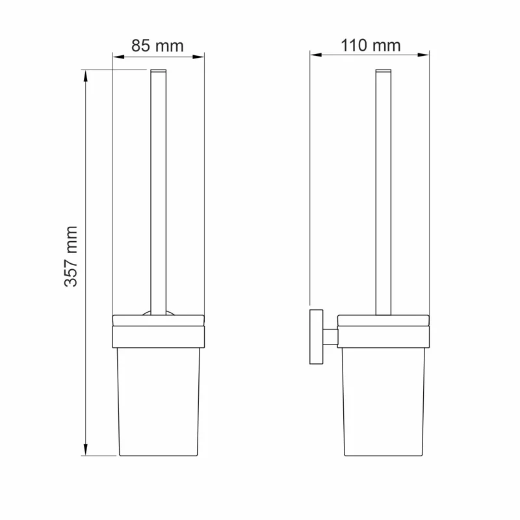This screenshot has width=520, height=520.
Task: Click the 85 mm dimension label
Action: [x=158, y=46]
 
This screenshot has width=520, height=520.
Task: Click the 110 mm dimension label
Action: [x=370, y=45]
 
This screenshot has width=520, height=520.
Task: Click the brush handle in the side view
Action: [x=383, y=195]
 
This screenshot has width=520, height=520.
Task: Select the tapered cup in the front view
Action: [x=159, y=403]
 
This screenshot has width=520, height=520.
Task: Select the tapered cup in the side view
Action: [x=383, y=403]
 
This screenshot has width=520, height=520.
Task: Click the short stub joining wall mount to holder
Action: [x=331, y=336]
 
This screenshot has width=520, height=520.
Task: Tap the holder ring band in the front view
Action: [x=159, y=337]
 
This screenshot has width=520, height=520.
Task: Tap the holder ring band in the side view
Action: [x=383, y=337]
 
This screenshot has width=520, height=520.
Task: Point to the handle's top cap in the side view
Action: [x=383, y=69]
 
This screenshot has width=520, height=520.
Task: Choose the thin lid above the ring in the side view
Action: [x=383, y=320]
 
